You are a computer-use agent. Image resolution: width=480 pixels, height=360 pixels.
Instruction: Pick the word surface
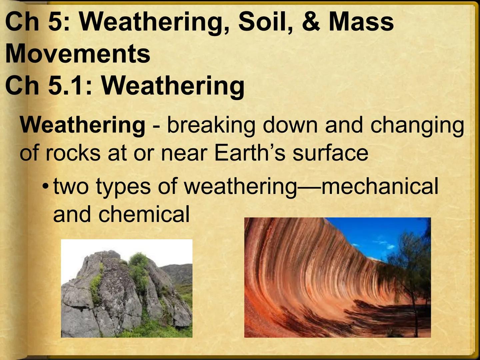pos(330,153)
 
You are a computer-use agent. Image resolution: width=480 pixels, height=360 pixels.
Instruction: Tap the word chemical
pos(144,214)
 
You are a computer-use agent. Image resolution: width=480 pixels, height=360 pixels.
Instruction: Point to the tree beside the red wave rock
pos(410,267)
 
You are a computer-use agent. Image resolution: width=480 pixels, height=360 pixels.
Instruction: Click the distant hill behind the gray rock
pos(178,272)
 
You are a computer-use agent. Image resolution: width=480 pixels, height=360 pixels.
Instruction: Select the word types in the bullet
pos(123,187)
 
